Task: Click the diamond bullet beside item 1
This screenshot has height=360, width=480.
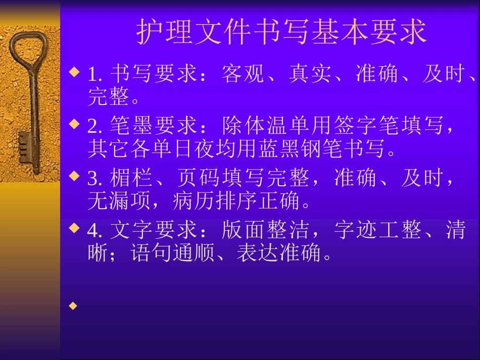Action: point(74,72)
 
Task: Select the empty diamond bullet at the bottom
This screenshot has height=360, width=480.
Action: point(74,306)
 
